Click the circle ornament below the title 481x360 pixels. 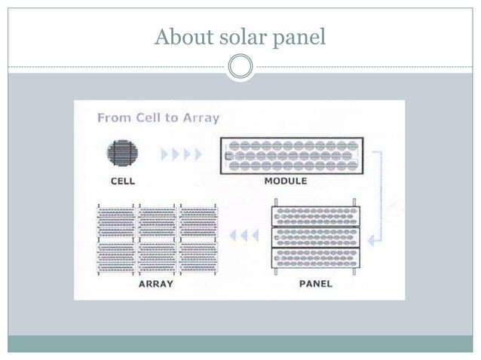(x=240, y=67)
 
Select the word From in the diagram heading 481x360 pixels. (x=112, y=118)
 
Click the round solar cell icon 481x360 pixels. (x=122, y=154)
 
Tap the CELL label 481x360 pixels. (x=122, y=181)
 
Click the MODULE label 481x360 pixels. (x=286, y=181)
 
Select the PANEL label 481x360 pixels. (x=315, y=284)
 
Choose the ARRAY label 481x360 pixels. (x=156, y=284)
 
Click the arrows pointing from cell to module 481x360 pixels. (x=182, y=154)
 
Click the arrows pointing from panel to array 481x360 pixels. (x=244, y=235)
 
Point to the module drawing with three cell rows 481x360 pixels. (x=292, y=155)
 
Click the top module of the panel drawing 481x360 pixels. (x=316, y=217)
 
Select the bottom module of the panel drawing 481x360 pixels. (x=316, y=258)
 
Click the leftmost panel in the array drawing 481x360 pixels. (x=116, y=239)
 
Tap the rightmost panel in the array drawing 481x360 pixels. (x=198, y=239)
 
